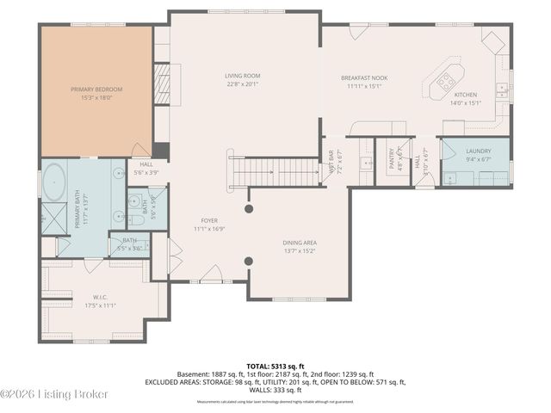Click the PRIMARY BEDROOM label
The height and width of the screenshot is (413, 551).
click(x=96, y=89)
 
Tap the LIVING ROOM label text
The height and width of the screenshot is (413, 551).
click(x=243, y=76)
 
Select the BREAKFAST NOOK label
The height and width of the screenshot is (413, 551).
click(x=364, y=78)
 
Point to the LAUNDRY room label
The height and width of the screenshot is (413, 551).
click(x=478, y=151)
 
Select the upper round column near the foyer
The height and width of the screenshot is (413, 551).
click(x=249, y=209)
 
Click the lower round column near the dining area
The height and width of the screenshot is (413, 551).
click(x=249, y=262)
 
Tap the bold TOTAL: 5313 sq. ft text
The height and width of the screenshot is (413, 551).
click(x=275, y=365)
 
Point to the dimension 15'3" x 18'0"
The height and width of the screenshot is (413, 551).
click(x=96, y=97)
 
